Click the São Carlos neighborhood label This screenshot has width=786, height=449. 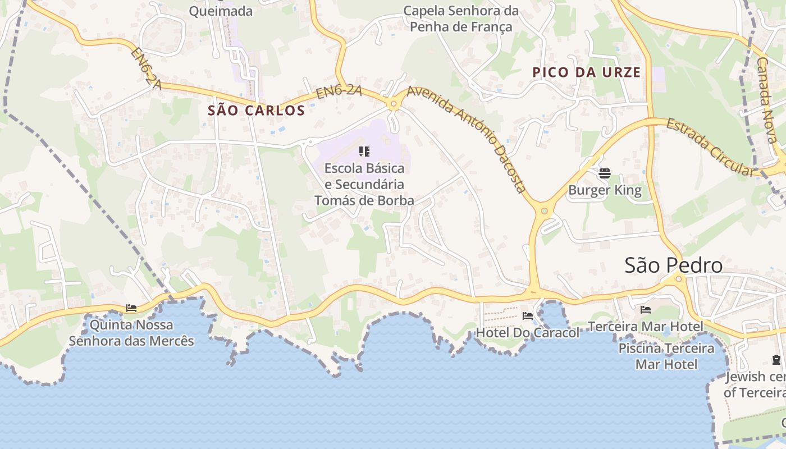256,111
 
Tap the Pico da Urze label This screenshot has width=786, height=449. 586,72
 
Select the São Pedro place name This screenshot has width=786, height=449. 673,265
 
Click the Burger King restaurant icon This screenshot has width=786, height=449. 605,173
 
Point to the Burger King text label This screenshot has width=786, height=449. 605,190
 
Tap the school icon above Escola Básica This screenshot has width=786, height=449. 364,152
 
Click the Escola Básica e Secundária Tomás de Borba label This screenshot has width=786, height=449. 364,184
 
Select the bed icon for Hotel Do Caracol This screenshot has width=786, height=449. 527,316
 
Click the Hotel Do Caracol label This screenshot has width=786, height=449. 527,333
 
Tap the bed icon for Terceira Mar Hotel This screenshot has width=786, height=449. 645,310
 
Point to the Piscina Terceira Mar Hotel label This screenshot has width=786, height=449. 666,356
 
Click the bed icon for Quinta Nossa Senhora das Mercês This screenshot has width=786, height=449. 131,308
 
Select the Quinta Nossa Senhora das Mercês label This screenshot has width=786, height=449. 131,333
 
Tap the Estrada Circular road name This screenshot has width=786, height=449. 710,147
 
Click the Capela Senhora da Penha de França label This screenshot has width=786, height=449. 460,19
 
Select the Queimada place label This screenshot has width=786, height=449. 221,11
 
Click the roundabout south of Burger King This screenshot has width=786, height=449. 543,211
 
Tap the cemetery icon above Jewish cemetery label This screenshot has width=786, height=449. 776,360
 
